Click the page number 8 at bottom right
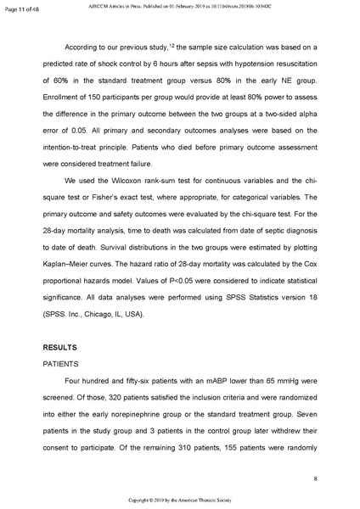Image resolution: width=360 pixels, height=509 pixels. tap(315, 479)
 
